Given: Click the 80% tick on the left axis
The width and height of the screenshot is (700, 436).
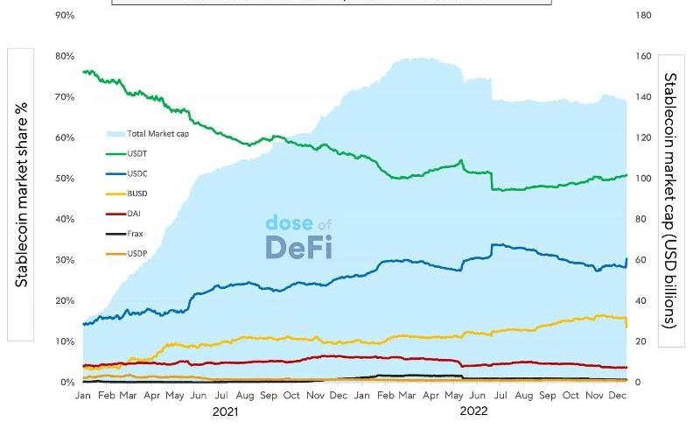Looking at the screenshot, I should pyautogui.click(x=64, y=56).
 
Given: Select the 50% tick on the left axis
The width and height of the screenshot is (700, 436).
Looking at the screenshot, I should pyautogui.click(x=64, y=179).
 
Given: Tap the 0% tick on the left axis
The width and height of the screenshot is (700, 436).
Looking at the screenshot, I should pyautogui.click(x=66, y=383).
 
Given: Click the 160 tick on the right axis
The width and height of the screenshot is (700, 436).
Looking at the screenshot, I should pyautogui.click(x=644, y=56).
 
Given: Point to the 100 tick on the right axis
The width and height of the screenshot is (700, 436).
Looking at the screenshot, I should pyautogui.click(x=644, y=179).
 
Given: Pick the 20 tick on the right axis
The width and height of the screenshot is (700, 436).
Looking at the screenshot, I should pyautogui.click(x=641, y=341).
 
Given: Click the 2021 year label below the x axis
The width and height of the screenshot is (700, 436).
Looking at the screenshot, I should pyautogui.click(x=225, y=411).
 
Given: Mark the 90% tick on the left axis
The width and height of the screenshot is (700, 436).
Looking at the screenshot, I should pyautogui.click(x=64, y=16).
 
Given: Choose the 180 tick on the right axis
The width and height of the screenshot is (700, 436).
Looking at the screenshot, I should pyautogui.click(x=644, y=16).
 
